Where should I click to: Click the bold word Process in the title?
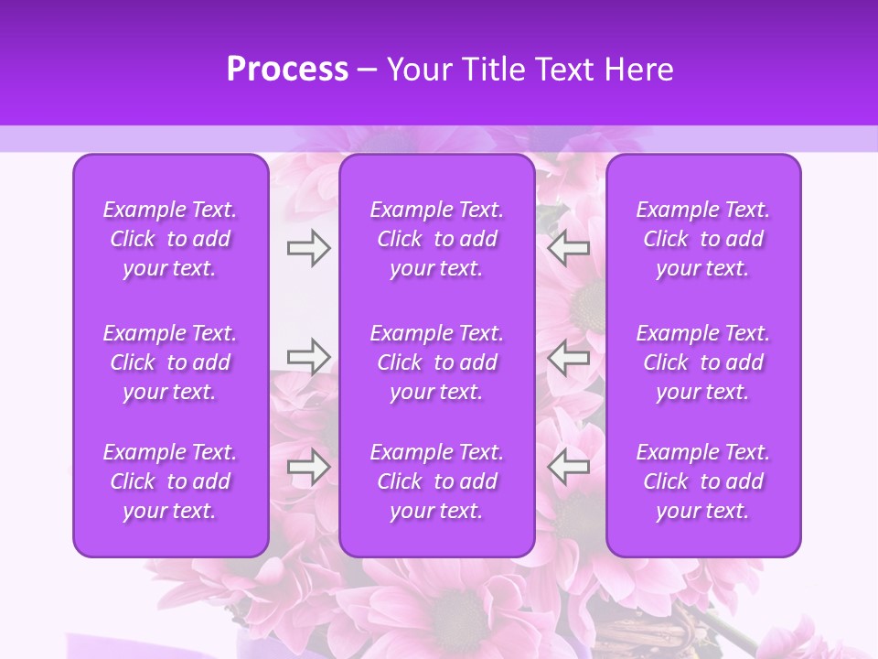coord(287,70)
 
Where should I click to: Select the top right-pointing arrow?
coord(308,248)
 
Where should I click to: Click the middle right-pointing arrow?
coord(308,356)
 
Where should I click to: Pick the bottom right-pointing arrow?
coord(308,467)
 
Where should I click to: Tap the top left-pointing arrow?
coord(569,248)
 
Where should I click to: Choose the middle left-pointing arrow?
coord(569,356)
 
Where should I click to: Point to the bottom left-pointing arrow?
coord(569,467)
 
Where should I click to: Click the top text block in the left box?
coord(170,239)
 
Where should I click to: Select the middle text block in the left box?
coord(170,362)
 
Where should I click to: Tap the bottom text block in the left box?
coord(170,481)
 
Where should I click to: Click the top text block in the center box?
coord(436,239)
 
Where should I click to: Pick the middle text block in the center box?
coord(436,362)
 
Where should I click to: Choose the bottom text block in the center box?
coord(436,481)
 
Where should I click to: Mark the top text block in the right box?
coord(702,239)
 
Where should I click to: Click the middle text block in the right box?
coord(702,362)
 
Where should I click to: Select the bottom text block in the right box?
coord(702,481)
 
